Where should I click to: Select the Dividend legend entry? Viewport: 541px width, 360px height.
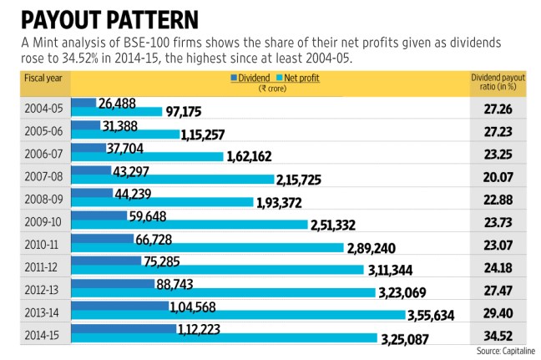[251, 78]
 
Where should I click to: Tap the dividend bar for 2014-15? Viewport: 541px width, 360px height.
[125, 329]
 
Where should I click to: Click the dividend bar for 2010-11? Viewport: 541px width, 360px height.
[104, 238]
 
